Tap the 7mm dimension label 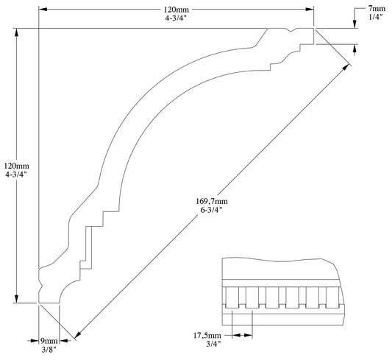377,9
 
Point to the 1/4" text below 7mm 377,18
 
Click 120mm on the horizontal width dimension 176,9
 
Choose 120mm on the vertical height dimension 16,166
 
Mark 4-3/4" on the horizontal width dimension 176,18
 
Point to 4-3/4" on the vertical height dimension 16,175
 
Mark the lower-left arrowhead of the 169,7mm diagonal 77,334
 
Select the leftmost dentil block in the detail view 232,297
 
